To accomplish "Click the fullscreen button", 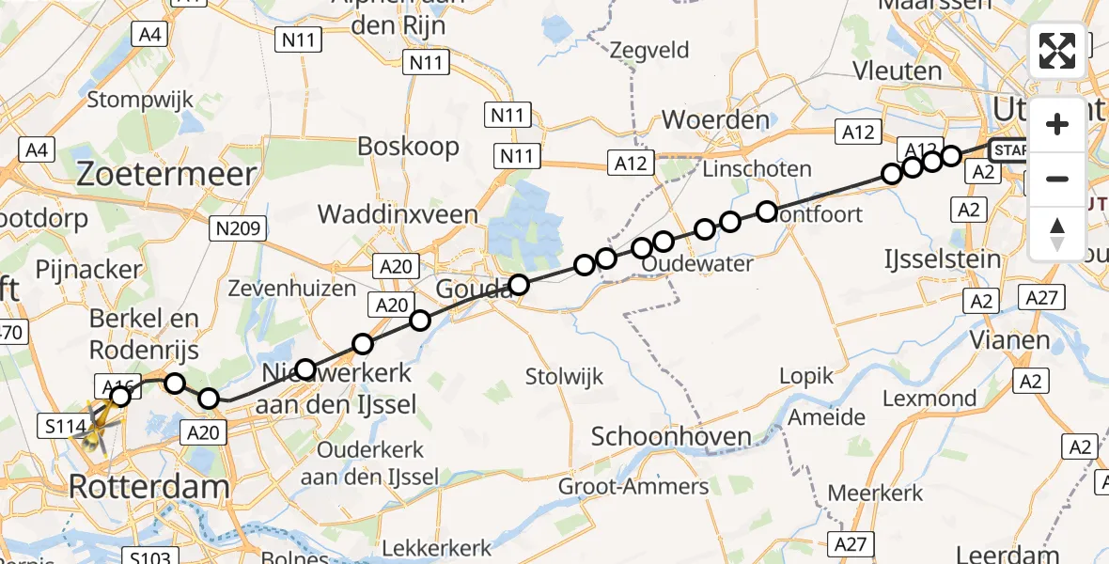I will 1057,51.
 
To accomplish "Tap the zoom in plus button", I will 1057,124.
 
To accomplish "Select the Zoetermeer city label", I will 167,174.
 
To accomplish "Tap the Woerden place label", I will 715,120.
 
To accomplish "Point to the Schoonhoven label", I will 671,436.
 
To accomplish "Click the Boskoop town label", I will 408,147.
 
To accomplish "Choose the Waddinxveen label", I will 398,214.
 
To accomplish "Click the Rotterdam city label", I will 150,487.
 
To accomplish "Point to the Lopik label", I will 806,376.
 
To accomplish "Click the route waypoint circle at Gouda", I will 519,284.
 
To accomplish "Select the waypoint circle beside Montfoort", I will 767,211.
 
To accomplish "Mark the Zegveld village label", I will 649,50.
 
